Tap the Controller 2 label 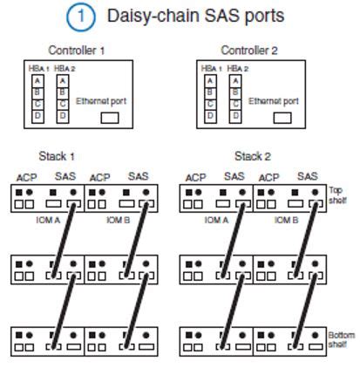pyautogui.click(x=247, y=50)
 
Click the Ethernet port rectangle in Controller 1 pyautogui.click(x=109, y=118)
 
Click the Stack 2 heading pyautogui.click(x=252, y=157)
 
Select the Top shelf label pyautogui.click(x=340, y=193)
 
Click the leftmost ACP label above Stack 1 pyautogui.click(x=25, y=177)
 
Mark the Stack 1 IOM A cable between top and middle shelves pyautogui.click(x=60, y=235)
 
